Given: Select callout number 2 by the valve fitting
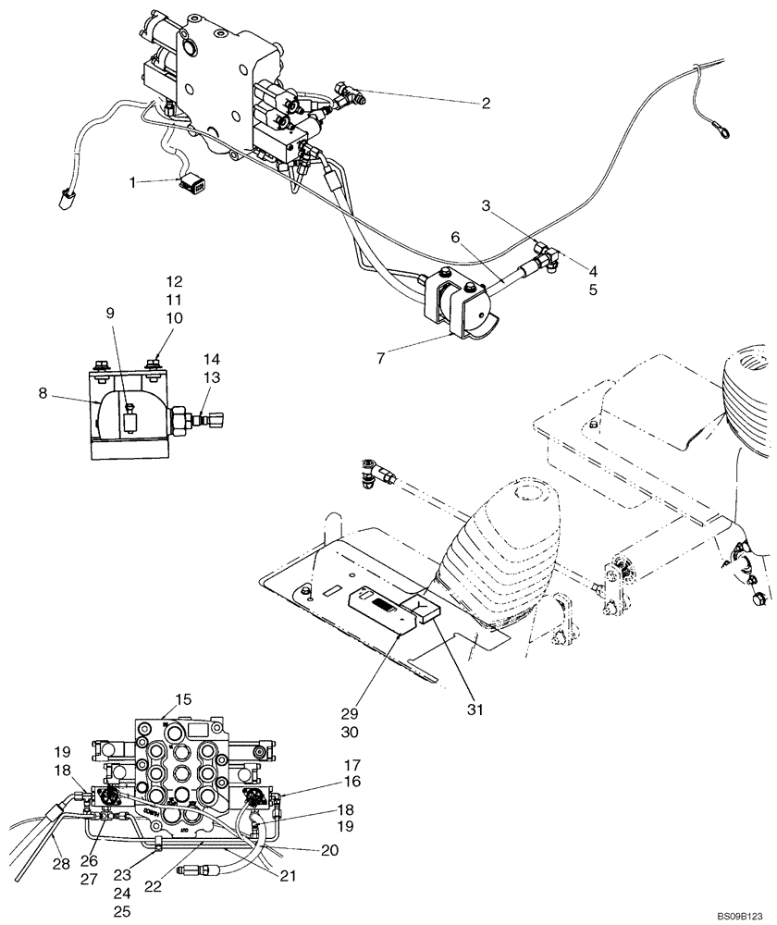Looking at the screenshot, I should pyautogui.click(x=486, y=103).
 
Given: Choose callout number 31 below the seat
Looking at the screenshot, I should pyautogui.click(x=475, y=710).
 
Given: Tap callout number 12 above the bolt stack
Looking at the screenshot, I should pyautogui.click(x=175, y=280).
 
